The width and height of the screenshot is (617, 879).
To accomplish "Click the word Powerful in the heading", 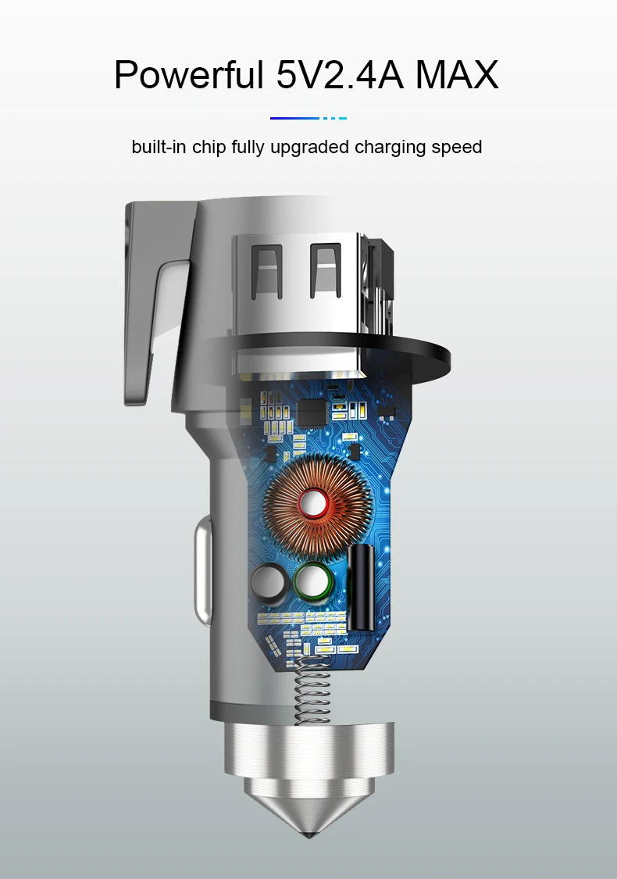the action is click(x=188, y=74).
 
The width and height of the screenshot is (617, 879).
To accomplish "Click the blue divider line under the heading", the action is click(x=308, y=118).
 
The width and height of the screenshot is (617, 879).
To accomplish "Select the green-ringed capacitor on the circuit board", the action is click(x=312, y=581).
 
